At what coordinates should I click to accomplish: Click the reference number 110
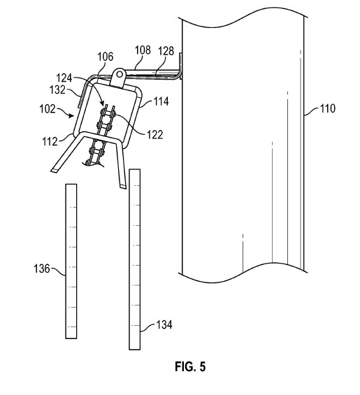(x=328, y=108)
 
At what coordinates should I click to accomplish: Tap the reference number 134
(x=164, y=324)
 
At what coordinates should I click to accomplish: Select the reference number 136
(x=42, y=268)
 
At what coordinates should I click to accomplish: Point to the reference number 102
(x=48, y=109)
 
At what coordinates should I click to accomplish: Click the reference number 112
(x=50, y=141)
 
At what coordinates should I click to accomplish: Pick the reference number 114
(x=161, y=101)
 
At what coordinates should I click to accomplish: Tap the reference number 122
(x=155, y=135)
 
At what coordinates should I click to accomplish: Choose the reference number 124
(x=64, y=78)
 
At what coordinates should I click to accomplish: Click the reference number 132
(x=57, y=89)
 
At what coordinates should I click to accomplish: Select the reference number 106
(x=106, y=57)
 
